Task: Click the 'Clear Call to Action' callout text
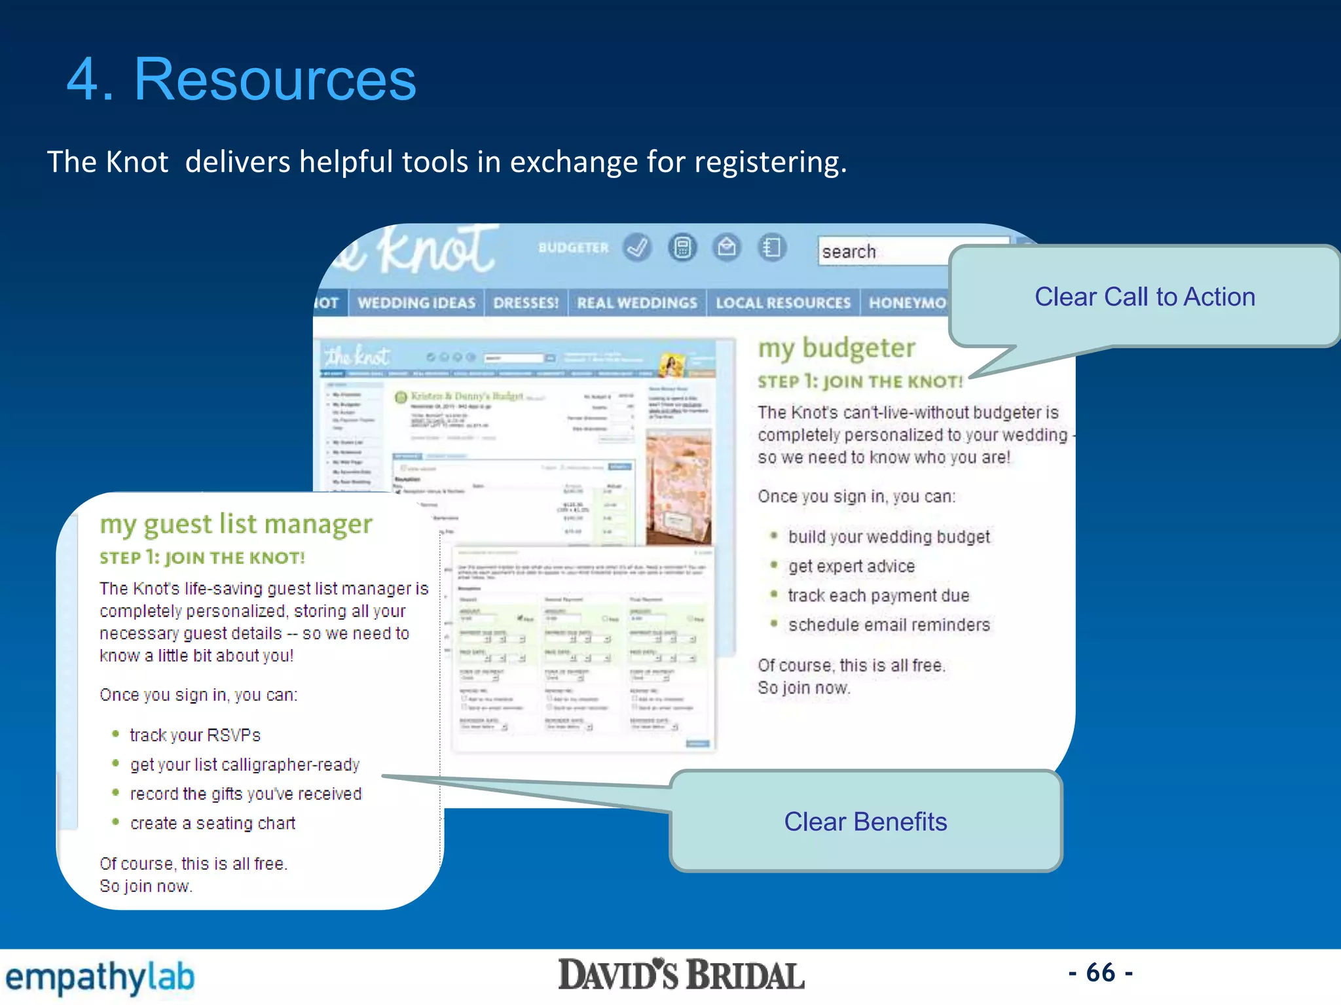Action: [1144, 297]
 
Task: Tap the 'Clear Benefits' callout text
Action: [865, 822]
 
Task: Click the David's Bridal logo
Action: [681, 975]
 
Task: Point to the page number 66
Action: [1100, 973]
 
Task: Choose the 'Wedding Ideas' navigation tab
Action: [416, 303]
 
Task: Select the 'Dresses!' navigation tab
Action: [526, 303]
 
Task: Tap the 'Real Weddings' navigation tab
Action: [636, 303]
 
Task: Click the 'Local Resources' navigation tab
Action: [782, 303]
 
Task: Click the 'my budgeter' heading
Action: [836, 348]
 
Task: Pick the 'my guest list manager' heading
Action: [236, 524]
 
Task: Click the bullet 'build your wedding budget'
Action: [889, 537]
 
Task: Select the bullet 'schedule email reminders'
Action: [889, 625]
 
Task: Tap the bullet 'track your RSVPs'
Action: [195, 735]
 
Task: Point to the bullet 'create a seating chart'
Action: [213, 823]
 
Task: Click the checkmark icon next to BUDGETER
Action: [637, 247]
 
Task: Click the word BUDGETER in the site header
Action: [573, 248]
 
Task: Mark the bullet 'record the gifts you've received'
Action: [246, 794]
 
